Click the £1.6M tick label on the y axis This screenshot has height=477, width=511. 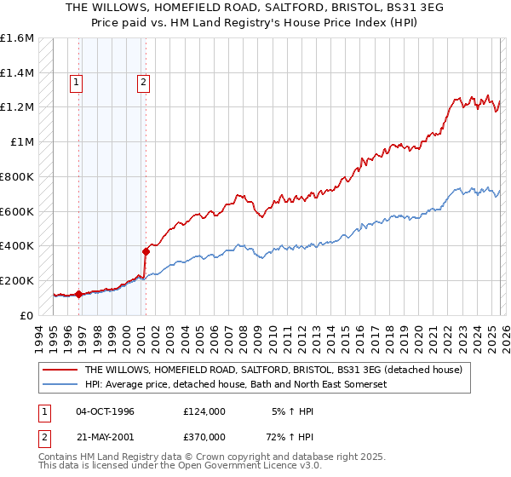pos(17,38)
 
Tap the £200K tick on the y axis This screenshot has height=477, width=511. pos(17,280)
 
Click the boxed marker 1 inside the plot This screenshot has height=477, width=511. pos(77,83)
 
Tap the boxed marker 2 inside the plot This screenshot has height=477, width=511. pos(142,83)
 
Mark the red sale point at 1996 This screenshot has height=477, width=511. pos(79,294)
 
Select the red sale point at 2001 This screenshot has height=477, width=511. pos(146,251)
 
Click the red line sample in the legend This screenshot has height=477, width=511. pos(60,370)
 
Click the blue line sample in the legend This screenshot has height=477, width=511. pos(60,384)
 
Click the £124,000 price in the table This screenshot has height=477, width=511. pos(204,411)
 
